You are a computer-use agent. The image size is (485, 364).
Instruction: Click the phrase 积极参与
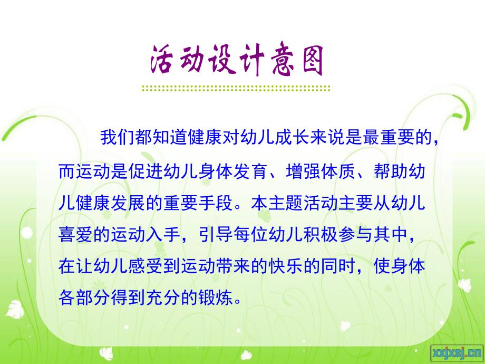340,235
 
